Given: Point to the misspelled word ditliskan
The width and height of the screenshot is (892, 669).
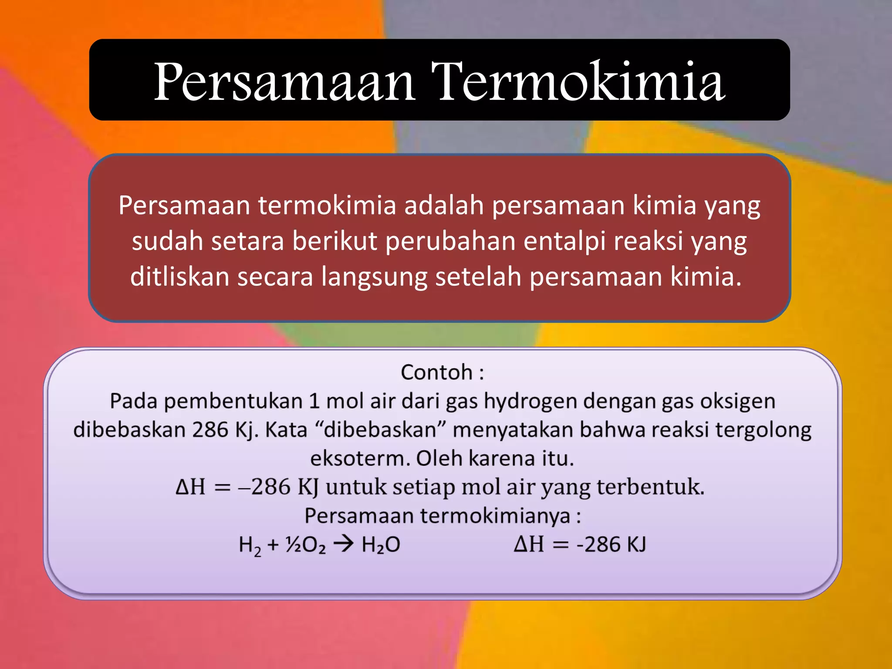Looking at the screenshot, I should (x=180, y=277).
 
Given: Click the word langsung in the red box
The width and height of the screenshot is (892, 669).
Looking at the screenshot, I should (x=374, y=277).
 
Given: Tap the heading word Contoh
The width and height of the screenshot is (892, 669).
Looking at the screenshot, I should (x=436, y=372).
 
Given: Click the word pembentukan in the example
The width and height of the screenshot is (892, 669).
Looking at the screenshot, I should (x=233, y=401).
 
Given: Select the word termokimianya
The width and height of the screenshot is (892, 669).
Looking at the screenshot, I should (x=495, y=516).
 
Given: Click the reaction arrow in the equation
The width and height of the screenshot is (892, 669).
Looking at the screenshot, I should (x=343, y=544).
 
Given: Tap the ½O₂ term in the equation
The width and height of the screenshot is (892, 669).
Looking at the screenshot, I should (x=305, y=545).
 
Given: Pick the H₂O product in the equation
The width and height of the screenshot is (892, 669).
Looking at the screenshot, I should (x=381, y=545).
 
